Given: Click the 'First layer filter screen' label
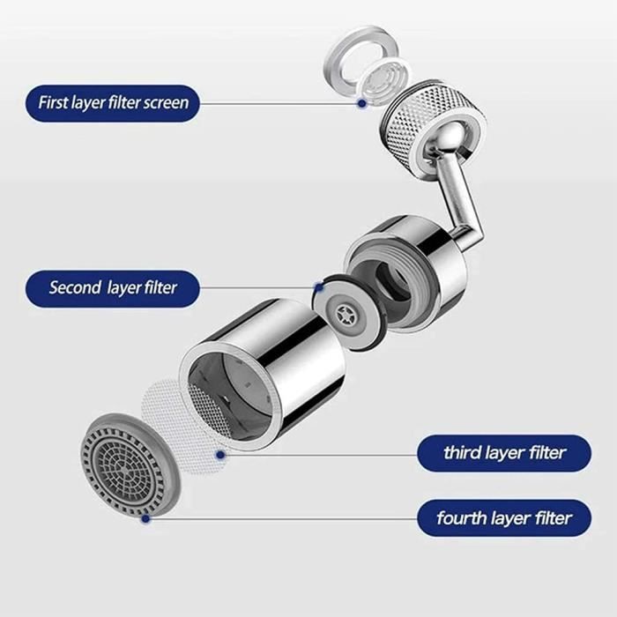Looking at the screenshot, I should click(113, 103).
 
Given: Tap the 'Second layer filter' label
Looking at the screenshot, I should click(113, 287).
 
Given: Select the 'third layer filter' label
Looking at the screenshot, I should click(503, 453).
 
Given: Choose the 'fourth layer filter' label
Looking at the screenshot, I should click(503, 517).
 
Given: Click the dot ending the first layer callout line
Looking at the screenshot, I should click(361, 103).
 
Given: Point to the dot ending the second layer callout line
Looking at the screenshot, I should click(318, 287).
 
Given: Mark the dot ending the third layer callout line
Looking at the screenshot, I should click(220, 455).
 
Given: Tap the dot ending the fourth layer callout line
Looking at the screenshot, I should click(145, 518).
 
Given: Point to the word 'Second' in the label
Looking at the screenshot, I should click(75, 287).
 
